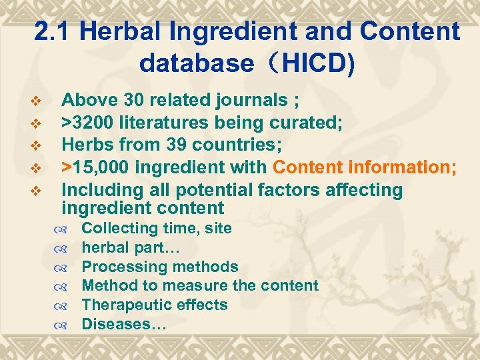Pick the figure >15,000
97,167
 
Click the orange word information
399,167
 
